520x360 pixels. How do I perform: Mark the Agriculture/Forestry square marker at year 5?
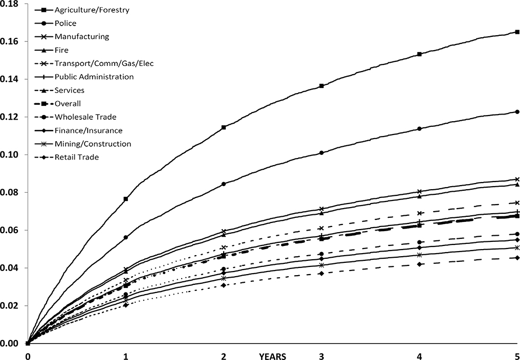(517, 32)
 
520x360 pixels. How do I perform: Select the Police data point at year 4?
(420, 129)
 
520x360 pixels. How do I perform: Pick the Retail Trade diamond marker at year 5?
(517, 258)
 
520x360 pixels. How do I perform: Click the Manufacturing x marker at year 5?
(517, 179)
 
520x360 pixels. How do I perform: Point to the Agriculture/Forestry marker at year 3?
(321, 86)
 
